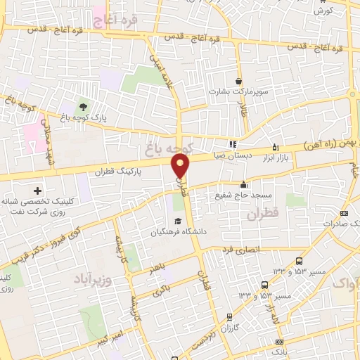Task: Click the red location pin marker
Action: pyautogui.click(x=181, y=166)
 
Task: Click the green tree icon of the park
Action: pyautogui.click(x=84, y=107)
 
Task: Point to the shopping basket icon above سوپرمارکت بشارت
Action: pyautogui.click(x=238, y=81)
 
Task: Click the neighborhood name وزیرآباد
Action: pyautogui.click(x=93, y=279)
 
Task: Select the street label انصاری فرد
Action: pyautogui.click(x=241, y=250)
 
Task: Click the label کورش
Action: pyautogui.click(x=323, y=11)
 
